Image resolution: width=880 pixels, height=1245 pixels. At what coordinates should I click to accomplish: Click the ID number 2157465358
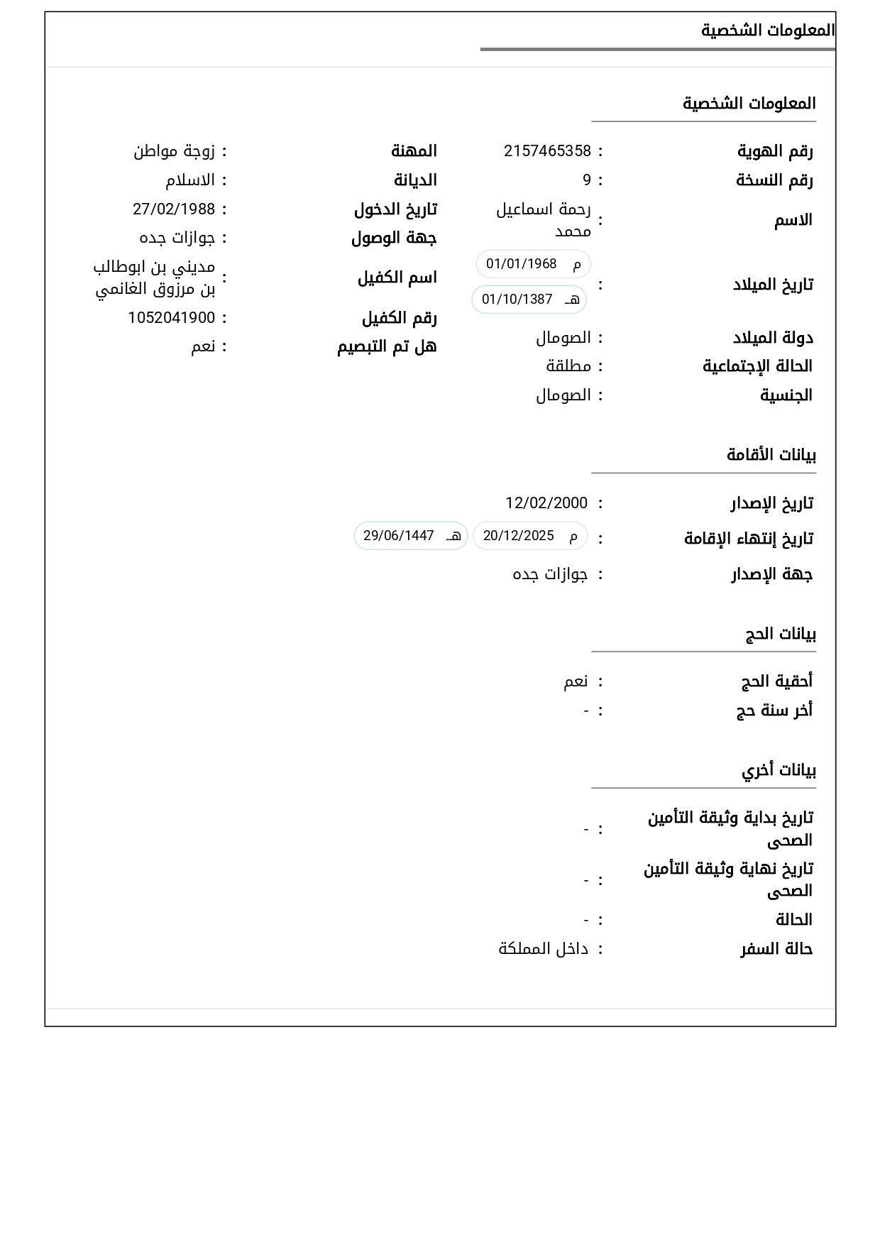547,151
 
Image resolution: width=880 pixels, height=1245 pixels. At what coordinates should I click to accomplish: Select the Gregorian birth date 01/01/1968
522,264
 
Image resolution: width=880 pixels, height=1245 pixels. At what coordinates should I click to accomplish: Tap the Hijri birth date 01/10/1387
517,300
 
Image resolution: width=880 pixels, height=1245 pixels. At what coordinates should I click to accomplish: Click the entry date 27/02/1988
174,209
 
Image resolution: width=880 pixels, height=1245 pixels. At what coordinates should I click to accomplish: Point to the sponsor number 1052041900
171,318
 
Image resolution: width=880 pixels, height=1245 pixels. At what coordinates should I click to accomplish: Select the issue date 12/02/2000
546,503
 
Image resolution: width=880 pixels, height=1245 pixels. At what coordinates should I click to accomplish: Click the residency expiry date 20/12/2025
519,536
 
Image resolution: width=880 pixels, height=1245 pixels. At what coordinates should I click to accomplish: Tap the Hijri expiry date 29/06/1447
399,536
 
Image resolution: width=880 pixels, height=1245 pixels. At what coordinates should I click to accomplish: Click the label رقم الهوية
775,151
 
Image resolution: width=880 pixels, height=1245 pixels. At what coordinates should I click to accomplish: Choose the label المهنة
414,151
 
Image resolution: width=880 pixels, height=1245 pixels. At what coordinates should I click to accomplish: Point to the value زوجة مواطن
175,151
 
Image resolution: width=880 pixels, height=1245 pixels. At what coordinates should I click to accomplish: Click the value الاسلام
190,180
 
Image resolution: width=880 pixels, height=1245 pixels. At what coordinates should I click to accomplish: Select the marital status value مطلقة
568,366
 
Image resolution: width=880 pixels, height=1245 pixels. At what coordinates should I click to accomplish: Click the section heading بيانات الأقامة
771,455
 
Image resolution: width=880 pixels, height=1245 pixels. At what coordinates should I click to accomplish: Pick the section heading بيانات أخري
779,770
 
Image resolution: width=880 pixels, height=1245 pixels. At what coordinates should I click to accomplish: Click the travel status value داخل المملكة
544,949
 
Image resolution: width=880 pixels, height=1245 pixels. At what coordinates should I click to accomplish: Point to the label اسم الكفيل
397,278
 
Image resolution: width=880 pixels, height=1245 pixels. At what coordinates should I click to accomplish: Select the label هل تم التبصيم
387,346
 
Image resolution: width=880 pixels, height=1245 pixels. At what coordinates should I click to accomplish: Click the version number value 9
587,180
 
